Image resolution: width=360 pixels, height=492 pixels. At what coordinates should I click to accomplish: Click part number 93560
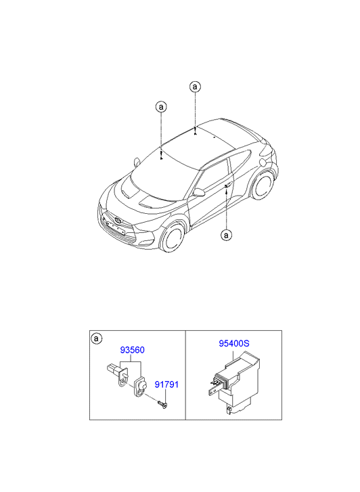pyautogui.click(x=132, y=350)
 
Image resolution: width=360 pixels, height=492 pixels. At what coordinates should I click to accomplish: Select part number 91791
pyautogui.click(x=166, y=384)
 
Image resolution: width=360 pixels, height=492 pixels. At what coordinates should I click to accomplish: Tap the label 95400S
pyautogui.click(x=234, y=344)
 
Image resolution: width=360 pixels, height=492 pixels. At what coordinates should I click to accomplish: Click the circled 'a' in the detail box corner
pyautogui.click(x=97, y=338)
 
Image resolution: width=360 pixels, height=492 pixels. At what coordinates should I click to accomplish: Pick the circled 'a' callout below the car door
pyautogui.click(x=226, y=235)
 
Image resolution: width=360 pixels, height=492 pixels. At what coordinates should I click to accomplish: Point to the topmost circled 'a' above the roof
pyautogui.click(x=195, y=87)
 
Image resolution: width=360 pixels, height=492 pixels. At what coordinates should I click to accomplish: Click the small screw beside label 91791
pyautogui.click(x=163, y=404)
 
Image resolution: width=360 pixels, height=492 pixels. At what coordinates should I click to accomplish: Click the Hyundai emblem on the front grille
pyautogui.click(x=118, y=220)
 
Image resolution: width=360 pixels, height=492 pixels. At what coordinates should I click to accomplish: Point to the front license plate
pyautogui.click(x=115, y=228)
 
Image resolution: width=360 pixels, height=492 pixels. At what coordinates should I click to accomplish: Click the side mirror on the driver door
pyautogui.click(x=199, y=192)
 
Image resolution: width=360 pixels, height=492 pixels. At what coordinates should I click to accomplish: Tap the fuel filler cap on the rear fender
pyautogui.click(x=263, y=162)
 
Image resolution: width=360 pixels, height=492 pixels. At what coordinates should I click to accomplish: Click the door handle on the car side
pyautogui.click(x=228, y=185)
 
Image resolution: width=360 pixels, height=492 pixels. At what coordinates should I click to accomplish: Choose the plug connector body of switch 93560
pyautogui.click(x=112, y=367)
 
